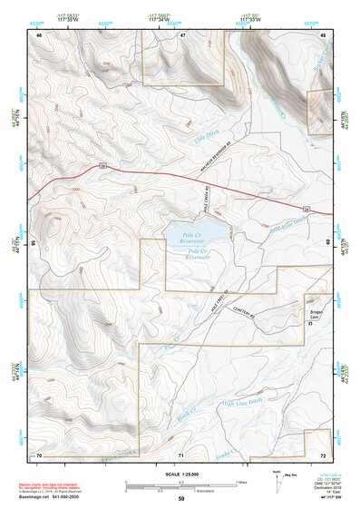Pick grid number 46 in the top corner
tap(39, 34)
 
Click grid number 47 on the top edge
tap(181, 34)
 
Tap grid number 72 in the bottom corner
tap(323, 454)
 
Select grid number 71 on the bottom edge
tap(180, 454)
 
